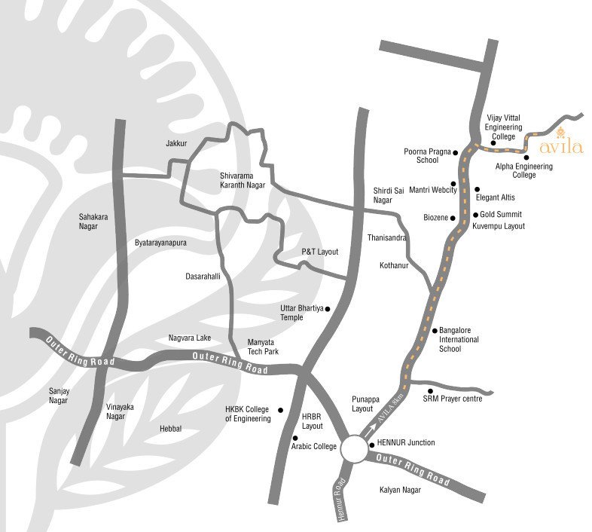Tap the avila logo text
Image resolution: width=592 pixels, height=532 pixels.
click(562, 146)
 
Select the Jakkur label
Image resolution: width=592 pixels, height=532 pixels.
click(175, 142)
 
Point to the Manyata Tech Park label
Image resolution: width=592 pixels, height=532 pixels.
click(263, 347)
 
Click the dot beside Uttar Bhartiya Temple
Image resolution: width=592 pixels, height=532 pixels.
click(327, 308)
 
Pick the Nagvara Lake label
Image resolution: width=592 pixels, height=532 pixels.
click(189, 338)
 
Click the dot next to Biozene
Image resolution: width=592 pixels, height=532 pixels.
click(453, 218)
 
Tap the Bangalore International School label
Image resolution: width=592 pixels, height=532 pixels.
click(459, 339)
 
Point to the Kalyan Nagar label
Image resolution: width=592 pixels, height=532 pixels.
click(400, 490)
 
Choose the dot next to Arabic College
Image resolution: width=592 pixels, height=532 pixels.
click(294, 438)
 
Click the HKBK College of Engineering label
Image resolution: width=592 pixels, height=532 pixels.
click(248, 414)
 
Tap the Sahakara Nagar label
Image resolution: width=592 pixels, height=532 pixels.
click(94, 221)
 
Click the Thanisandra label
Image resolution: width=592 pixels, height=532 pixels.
click(386, 237)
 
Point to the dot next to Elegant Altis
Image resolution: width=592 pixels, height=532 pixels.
click(477, 189)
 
